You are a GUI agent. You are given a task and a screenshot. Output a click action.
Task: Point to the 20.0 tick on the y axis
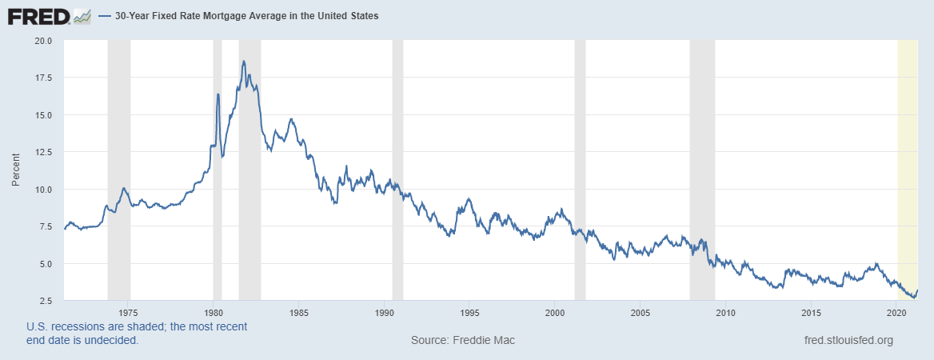(x=42, y=40)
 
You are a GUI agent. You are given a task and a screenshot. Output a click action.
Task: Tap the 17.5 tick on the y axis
(x=42, y=78)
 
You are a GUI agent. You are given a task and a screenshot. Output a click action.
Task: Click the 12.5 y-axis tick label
(x=42, y=152)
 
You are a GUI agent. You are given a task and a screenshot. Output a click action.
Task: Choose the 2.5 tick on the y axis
(x=45, y=301)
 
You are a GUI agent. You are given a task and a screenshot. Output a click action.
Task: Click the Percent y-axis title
(x=15, y=170)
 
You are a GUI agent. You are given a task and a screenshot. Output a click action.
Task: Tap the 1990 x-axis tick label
(x=384, y=312)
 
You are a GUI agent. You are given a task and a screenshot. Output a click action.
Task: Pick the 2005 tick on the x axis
(x=640, y=312)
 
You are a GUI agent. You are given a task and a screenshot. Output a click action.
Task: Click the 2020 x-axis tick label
(x=896, y=312)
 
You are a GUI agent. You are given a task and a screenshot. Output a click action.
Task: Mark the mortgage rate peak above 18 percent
(x=243, y=61)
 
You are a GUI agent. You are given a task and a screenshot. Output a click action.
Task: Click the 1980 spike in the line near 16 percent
(x=218, y=94)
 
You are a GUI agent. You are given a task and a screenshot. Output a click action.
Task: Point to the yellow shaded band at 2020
(x=908, y=160)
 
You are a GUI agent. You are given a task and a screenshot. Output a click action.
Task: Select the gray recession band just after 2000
(x=580, y=160)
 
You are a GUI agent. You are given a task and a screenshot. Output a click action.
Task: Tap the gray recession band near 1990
(x=397, y=160)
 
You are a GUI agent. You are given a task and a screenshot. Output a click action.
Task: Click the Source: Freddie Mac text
(x=463, y=341)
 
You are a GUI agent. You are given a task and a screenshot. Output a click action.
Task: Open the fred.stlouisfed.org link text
(x=848, y=341)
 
